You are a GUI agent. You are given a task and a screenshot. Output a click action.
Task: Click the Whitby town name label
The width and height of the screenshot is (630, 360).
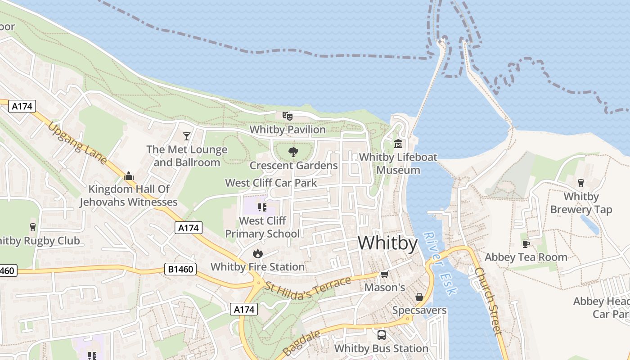(x=387, y=243)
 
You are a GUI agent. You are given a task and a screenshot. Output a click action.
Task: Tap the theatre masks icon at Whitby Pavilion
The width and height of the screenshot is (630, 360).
(x=288, y=116)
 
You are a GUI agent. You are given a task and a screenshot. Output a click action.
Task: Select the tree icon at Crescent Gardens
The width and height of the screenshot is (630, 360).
(x=293, y=152)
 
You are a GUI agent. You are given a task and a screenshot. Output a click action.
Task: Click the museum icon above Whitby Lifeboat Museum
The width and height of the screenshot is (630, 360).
(x=398, y=144)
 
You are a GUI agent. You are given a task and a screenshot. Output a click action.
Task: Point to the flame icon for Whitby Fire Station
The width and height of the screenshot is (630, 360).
(x=258, y=253)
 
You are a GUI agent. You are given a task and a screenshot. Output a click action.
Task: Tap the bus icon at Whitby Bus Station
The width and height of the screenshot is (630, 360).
(x=381, y=335)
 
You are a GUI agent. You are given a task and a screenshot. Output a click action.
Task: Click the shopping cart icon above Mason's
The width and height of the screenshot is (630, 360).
(x=384, y=274)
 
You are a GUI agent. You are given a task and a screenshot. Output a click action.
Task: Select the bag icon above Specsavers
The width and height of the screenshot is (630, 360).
(x=419, y=297)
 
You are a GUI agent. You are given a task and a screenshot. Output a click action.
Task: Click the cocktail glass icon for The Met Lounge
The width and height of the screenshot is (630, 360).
(x=187, y=136)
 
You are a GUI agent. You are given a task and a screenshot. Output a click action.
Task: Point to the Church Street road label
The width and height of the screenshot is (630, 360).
(x=488, y=301)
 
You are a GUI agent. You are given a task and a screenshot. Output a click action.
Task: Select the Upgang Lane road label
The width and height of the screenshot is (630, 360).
(x=78, y=143)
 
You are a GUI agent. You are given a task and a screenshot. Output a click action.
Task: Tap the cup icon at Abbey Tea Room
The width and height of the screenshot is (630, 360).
(x=525, y=244)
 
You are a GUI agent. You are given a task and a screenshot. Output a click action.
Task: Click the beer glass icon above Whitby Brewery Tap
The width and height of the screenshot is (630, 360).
(x=580, y=183)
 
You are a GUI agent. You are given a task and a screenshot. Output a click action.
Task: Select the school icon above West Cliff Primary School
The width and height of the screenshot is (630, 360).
(x=262, y=207)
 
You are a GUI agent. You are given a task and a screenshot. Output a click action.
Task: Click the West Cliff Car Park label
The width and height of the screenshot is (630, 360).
(x=271, y=183)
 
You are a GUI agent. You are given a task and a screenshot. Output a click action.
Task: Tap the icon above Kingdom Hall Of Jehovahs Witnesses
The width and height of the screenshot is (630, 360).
(x=129, y=176)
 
